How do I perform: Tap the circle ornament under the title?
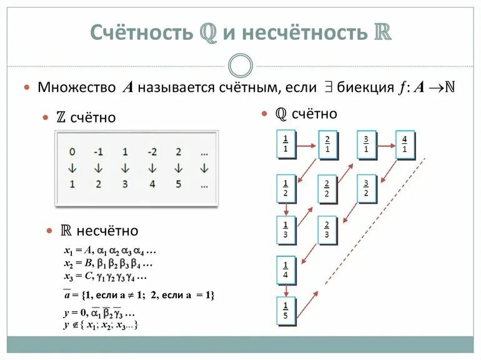tap(241, 66)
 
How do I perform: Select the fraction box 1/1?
tap(285, 144)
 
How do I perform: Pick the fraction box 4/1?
tap(404, 144)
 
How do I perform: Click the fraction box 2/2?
tap(327, 189)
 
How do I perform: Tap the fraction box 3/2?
tap(367, 189)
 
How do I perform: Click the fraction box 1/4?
tap(285, 270)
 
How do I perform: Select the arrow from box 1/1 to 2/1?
tap(306, 147)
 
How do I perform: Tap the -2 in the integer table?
tap(152, 152)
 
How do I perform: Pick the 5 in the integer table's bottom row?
tap(179, 184)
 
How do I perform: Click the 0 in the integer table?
tap(72, 152)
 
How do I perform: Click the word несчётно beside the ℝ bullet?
tap(106, 231)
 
